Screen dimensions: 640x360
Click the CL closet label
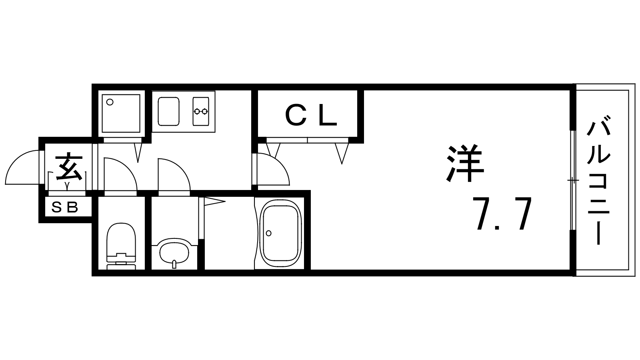pos(312,115)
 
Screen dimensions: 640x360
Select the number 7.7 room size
pos(502,213)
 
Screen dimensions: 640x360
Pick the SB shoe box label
pos(65,208)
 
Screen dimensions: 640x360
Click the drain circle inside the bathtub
pos(268,233)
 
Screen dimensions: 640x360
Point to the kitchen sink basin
pos(168,112)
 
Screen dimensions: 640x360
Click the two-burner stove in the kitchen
pos(200,112)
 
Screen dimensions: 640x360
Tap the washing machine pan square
pos(121,114)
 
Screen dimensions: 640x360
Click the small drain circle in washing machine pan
pos(110,102)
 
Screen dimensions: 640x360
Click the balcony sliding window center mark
pos(572,180)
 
